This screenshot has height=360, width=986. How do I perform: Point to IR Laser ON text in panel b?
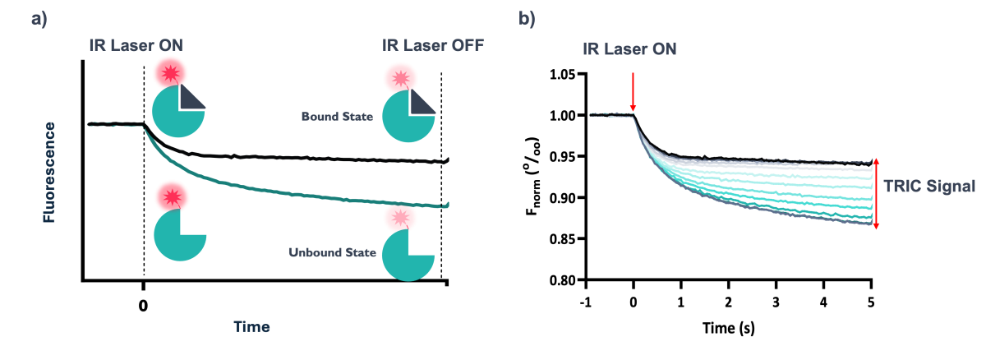point(630,49)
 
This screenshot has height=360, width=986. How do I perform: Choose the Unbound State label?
point(332,252)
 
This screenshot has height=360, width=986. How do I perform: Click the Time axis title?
point(251,326)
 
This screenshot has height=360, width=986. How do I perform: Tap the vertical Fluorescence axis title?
point(50,172)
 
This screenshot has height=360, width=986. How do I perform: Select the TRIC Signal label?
point(929,187)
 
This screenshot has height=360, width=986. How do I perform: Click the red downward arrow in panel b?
point(633,92)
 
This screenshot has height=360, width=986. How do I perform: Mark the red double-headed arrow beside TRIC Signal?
point(876,193)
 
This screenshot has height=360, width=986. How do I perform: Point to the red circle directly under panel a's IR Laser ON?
point(171,72)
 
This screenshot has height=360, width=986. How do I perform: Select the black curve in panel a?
point(329,157)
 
